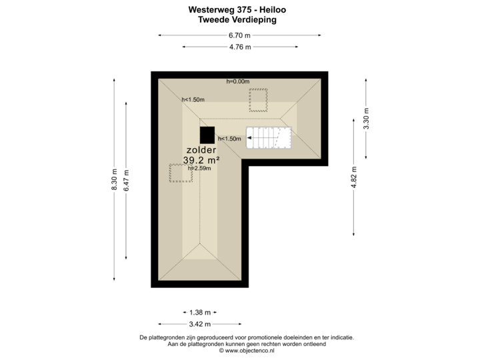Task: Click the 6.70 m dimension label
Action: [239, 35]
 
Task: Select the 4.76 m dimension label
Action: [239, 47]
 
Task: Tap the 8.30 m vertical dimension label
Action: [114, 179]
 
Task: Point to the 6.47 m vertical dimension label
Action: [127, 179]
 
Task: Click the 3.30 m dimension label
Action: [366, 118]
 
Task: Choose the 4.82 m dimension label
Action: [353, 177]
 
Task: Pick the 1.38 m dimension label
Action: [200, 312]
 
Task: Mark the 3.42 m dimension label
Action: [200, 324]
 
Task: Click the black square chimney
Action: [208, 135]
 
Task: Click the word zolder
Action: [201, 150]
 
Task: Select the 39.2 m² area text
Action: [201, 160]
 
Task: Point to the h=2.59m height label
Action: [199, 169]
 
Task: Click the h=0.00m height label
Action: [237, 82]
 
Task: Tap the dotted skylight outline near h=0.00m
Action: [258, 100]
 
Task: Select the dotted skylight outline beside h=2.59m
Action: [179, 172]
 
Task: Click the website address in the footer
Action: [247, 351]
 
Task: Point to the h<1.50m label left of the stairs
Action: [229, 139]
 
